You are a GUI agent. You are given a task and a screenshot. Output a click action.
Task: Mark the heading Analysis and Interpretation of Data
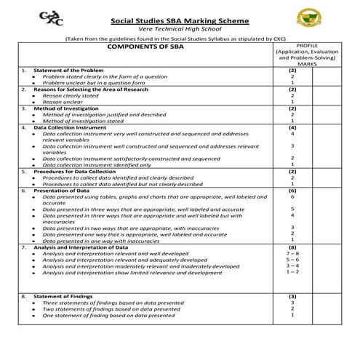(x=80, y=248)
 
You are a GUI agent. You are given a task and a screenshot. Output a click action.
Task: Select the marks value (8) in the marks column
(x=292, y=248)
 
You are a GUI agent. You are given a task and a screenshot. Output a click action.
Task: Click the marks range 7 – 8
(x=292, y=254)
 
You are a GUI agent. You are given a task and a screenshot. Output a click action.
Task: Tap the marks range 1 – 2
(x=292, y=272)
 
